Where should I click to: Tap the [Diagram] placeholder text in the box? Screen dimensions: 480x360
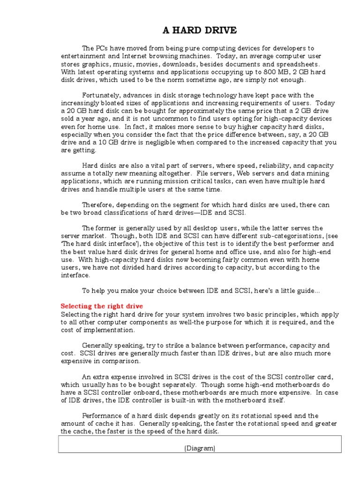point(200,449)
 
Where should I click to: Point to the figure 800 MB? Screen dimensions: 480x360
point(266,72)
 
